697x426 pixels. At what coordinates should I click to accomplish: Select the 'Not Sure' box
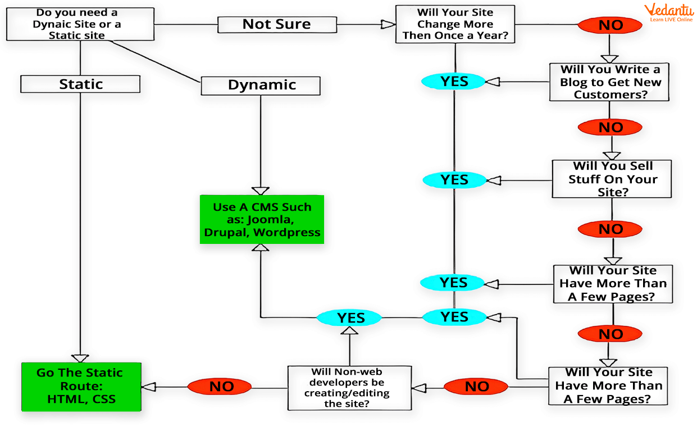(x=276, y=24)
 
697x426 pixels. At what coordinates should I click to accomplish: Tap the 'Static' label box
(x=80, y=84)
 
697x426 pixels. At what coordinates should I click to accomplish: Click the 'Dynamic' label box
(x=261, y=85)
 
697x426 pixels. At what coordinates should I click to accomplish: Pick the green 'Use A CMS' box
(x=262, y=219)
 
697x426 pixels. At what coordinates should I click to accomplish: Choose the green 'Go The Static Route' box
(x=81, y=386)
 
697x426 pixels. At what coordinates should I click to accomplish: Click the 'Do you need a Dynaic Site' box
(x=79, y=24)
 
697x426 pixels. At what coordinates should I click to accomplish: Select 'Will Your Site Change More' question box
(x=454, y=24)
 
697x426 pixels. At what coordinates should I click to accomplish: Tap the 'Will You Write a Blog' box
(x=609, y=82)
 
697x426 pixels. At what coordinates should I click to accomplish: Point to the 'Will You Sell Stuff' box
(x=612, y=179)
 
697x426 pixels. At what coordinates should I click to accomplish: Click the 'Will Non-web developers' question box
(x=349, y=388)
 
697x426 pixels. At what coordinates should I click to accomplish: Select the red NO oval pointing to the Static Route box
(x=220, y=386)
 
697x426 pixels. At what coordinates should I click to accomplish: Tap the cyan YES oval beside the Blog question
(x=453, y=81)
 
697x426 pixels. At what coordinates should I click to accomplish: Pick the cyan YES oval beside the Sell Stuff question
(x=454, y=180)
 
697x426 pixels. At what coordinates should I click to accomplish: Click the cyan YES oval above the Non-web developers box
(x=350, y=318)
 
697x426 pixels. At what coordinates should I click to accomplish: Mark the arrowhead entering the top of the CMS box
(x=261, y=191)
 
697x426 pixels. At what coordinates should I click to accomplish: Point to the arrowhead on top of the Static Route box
(x=80, y=358)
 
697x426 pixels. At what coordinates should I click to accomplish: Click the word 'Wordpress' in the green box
(x=292, y=232)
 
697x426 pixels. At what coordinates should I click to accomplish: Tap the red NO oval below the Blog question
(x=611, y=128)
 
